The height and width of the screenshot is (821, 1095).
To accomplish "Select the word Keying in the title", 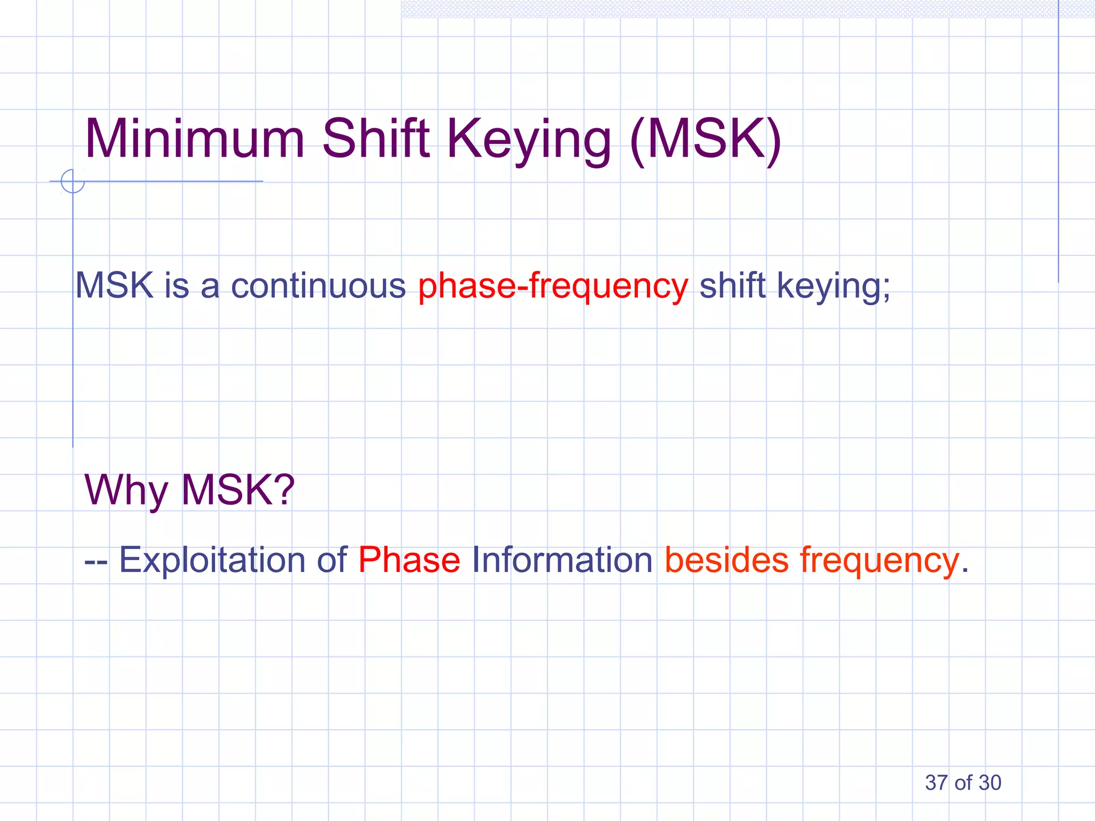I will pyautogui.click(x=529, y=140).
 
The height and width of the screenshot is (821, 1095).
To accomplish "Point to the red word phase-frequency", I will pyautogui.click(x=553, y=286).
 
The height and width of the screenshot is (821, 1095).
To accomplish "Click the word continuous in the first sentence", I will pyautogui.click(x=318, y=286).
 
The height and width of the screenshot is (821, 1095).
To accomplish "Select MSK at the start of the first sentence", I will pyautogui.click(x=114, y=285).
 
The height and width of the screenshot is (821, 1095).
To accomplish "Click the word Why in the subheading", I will pyautogui.click(x=126, y=490).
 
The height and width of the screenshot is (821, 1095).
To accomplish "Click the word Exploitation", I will pyautogui.click(x=211, y=560).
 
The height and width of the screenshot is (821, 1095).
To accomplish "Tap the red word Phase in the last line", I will pyautogui.click(x=409, y=560).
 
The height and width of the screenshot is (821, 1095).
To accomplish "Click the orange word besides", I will pyautogui.click(x=726, y=560).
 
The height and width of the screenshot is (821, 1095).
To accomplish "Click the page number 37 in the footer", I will pyautogui.click(x=936, y=783).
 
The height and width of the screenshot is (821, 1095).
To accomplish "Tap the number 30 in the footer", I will pyautogui.click(x=990, y=783).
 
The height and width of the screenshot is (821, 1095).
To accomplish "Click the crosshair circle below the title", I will pyautogui.click(x=73, y=181).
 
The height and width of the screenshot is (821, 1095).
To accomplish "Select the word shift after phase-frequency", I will pyautogui.click(x=732, y=285).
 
